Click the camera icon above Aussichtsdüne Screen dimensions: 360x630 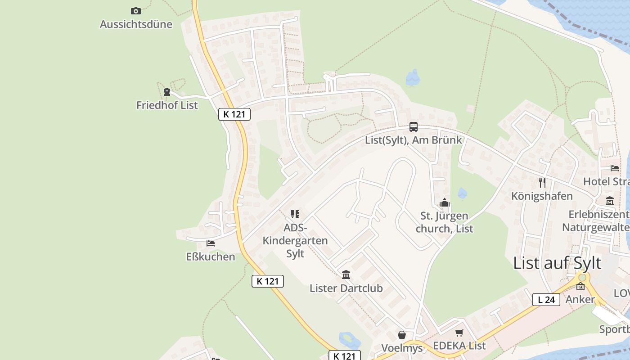pyautogui.click(x=135, y=11)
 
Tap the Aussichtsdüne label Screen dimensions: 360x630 pyautogui.click(x=136, y=24)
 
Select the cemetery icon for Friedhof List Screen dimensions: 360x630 pyautogui.click(x=167, y=92)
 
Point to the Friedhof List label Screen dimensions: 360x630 pyautogui.click(x=167, y=105)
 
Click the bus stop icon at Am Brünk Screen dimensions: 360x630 pyautogui.click(x=413, y=127)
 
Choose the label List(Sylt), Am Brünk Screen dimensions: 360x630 pyautogui.click(x=413, y=140)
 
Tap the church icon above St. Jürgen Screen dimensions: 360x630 pyautogui.click(x=445, y=203)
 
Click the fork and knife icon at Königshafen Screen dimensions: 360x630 pyautogui.click(x=542, y=182)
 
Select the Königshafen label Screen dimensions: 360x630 pyautogui.click(x=542, y=196)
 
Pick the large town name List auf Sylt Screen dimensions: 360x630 pyautogui.click(x=557, y=263)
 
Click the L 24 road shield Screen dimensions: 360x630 pyautogui.click(x=546, y=300)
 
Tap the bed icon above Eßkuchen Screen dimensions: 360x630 pyautogui.click(x=210, y=243)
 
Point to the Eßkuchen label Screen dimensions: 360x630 pyautogui.click(x=211, y=257)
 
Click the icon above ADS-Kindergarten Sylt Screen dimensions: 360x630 pyautogui.click(x=295, y=214)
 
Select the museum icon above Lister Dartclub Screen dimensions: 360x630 pyautogui.click(x=346, y=274)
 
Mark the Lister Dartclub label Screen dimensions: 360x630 pyautogui.click(x=346, y=288)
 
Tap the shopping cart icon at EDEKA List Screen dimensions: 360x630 pyautogui.click(x=459, y=333)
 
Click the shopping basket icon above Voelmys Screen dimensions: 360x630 pyautogui.click(x=402, y=335)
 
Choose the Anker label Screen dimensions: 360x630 pyautogui.click(x=580, y=300)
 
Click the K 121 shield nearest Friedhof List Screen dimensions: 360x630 pyautogui.click(x=234, y=114)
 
